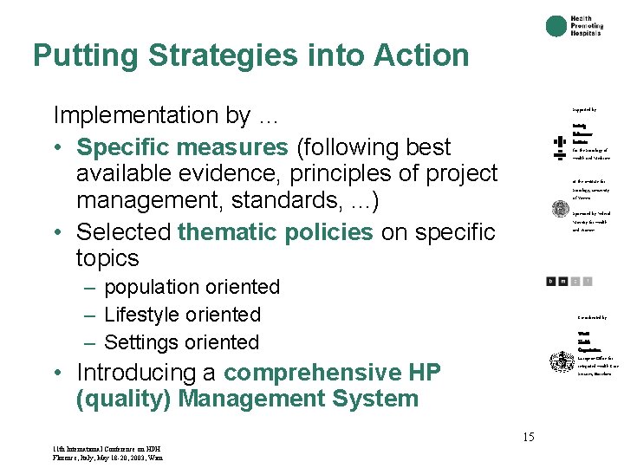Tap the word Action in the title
click(x=421, y=55)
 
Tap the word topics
click(x=107, y=258)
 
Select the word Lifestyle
click(x=142, y=315)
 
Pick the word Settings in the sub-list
click(x=140, y=342)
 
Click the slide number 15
click(x=528, y=438)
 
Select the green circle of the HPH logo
click(x=556, y=26)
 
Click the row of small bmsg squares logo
click(x=569, y=281)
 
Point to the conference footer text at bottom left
click(x=107, y=452)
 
